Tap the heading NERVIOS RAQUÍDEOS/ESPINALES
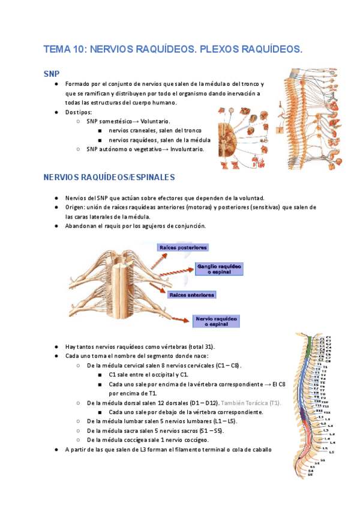click(x=109, y=178)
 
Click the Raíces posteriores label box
click(x=183, y=247)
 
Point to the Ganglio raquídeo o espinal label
click(x=219, y=268)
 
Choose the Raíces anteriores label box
click(x=191, y=295)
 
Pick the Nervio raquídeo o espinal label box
click(x=216, y=321)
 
